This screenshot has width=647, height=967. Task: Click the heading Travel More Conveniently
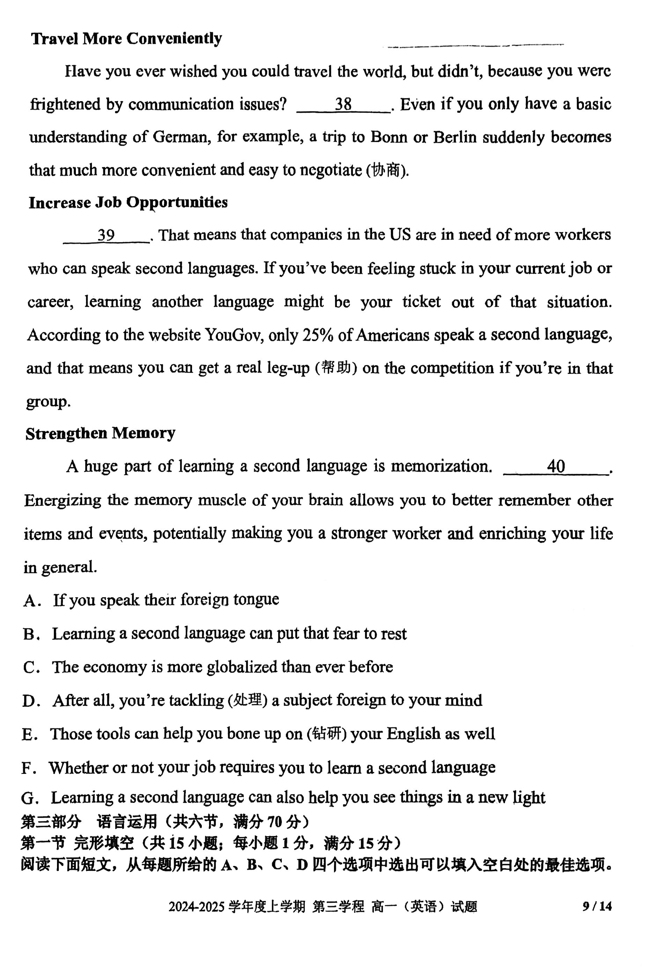click(126, 38)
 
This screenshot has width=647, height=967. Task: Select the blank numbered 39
click(106, 235)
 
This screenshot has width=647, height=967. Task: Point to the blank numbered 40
click(555, 466)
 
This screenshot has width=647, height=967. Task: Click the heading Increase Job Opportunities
click(128, 203)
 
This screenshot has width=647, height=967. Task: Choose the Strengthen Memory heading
click(100, 433)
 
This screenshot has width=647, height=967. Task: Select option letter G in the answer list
click(29, 798)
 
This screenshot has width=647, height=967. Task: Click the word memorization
click(441, 466)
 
